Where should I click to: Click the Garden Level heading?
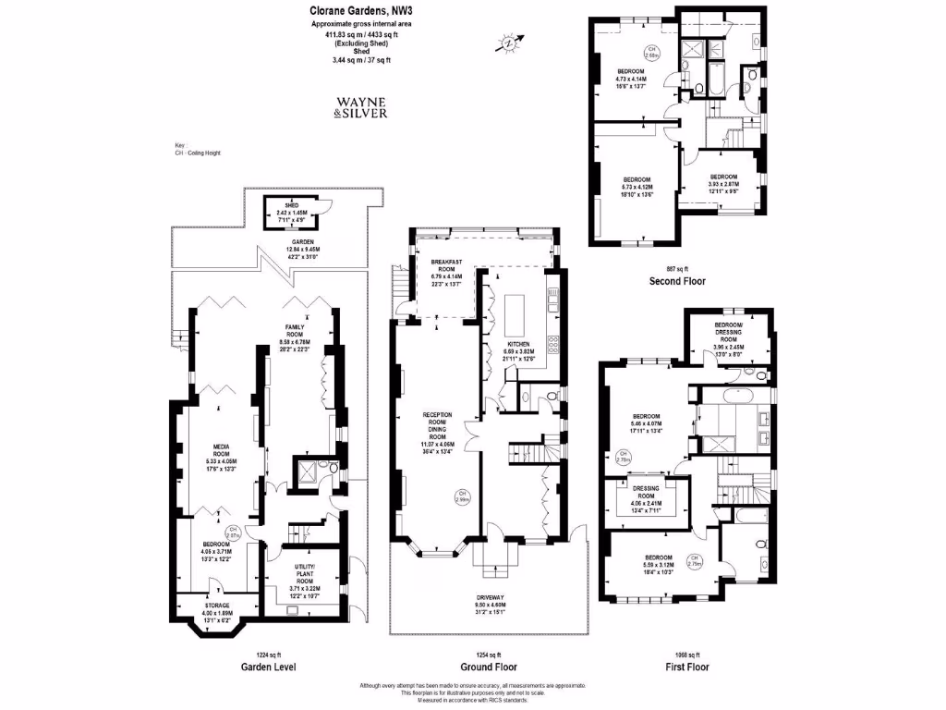pos(268,667)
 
